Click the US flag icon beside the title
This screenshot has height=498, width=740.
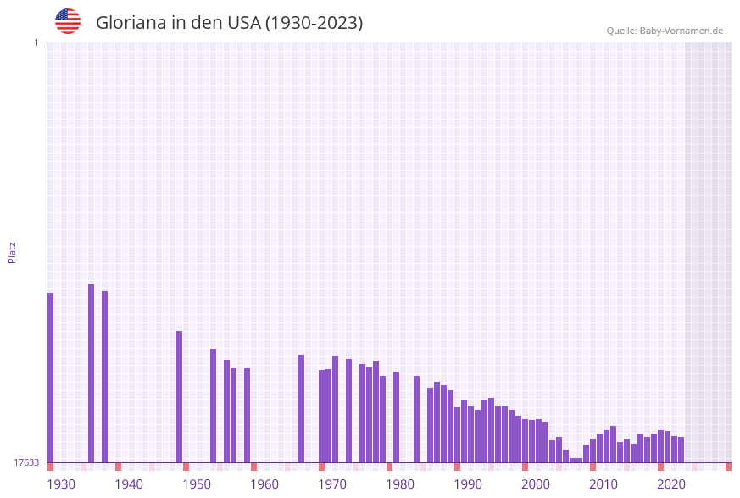[x=68, y=21]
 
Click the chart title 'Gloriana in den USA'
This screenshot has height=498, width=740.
[x=229, y=23]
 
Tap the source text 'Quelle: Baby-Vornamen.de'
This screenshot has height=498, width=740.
[x=665, y=31]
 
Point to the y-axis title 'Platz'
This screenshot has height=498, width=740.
[x=13, y=252]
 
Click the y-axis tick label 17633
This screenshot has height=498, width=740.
[x=26, y=462]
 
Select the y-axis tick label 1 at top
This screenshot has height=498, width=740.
[x=36, y=42]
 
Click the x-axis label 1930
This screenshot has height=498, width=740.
[x=60, y=484]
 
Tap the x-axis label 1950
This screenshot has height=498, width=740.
[x=197, y=484]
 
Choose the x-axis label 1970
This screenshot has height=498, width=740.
[x=332, y=484]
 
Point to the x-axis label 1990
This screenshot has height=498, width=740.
[x=468, y=484]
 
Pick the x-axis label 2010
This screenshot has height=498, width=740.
[x=604, y=484]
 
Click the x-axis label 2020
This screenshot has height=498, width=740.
[x=671, y=484]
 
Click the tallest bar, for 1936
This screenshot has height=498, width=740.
[x=92, y=373]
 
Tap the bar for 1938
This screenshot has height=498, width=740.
[x=105, y=377]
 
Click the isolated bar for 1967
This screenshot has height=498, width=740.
[x=302, y=408]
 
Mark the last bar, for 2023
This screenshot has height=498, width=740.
[x=682, y=450]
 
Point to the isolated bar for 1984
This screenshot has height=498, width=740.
[x=417, y=419]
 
